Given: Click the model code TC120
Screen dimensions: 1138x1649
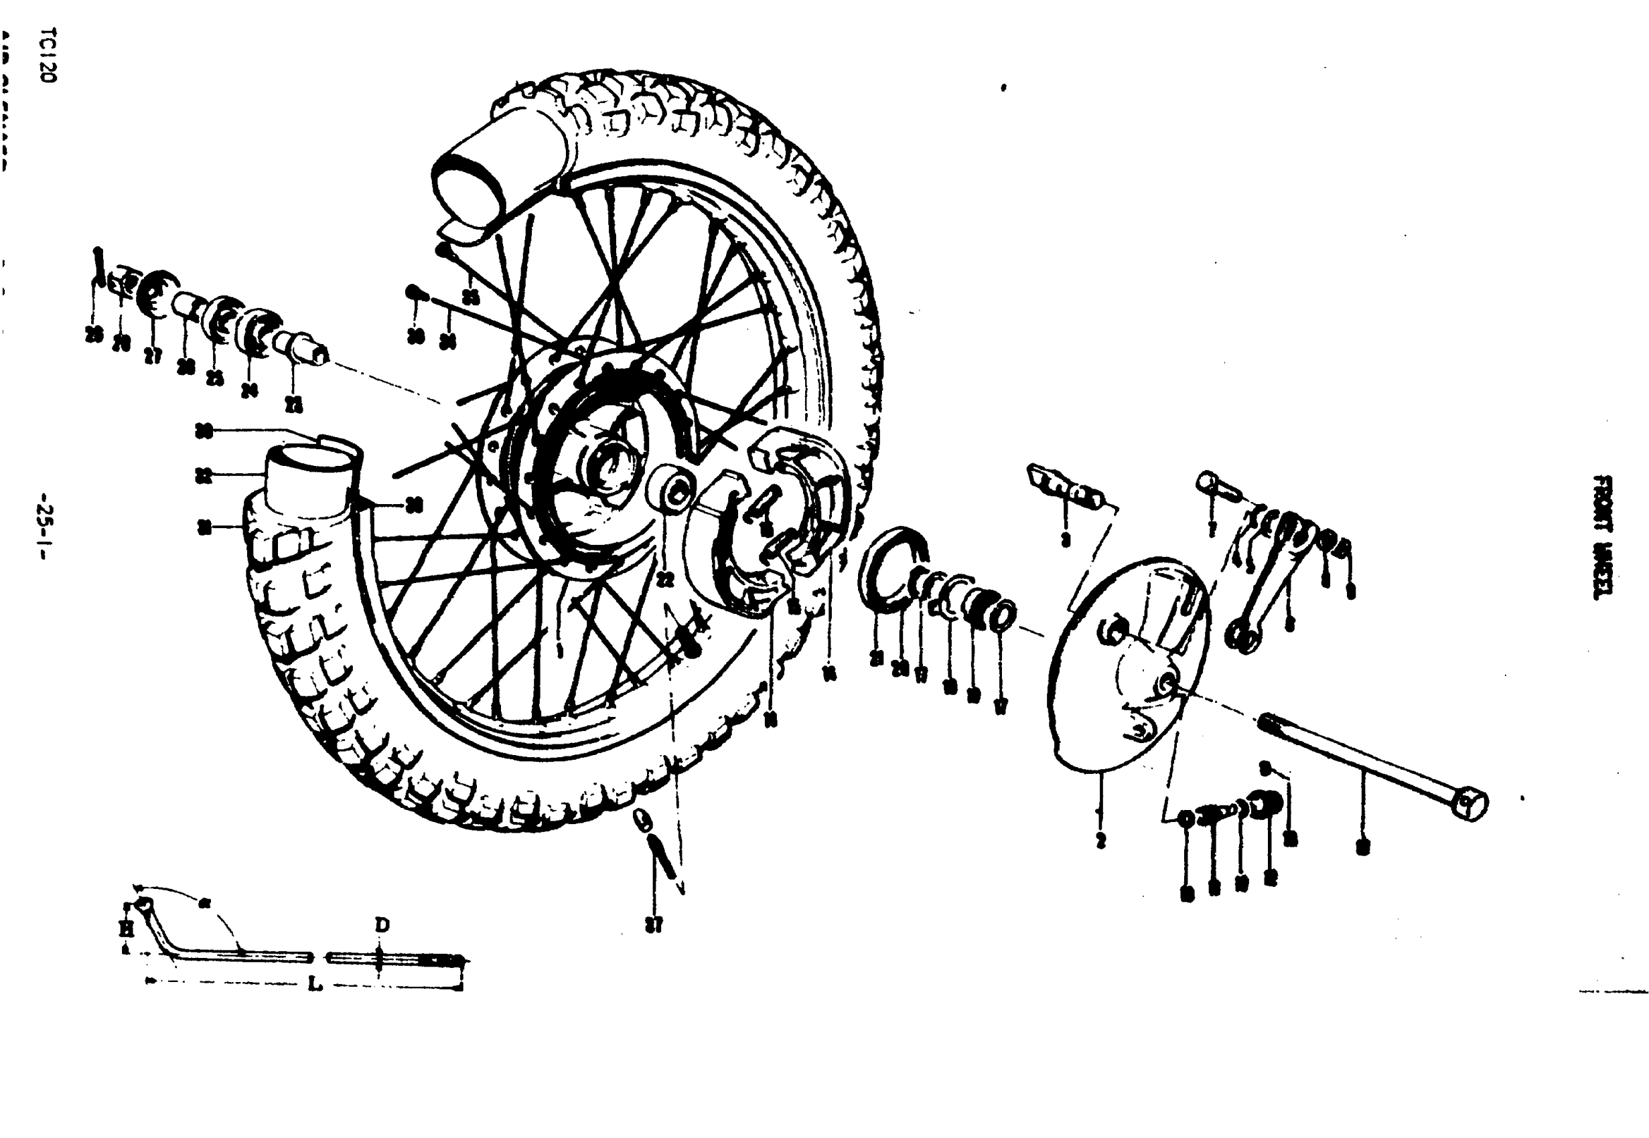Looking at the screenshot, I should coord(48,56).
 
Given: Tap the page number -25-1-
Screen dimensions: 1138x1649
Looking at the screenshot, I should coord(48,527).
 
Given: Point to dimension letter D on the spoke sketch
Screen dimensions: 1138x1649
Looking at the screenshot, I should coord(382,925).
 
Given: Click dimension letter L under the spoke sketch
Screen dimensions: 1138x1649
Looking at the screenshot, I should coord(315,985).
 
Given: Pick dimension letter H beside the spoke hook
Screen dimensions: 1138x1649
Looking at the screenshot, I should coord(126,928).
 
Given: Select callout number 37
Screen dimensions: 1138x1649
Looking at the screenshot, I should coord(654,926).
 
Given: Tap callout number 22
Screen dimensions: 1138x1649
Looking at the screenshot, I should coord(666,580).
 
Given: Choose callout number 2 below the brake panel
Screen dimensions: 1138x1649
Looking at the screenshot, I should coord(1100,840).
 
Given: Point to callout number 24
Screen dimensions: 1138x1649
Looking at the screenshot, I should coord(249,390).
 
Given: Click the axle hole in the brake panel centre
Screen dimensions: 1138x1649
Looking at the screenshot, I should coord(1167,683).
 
